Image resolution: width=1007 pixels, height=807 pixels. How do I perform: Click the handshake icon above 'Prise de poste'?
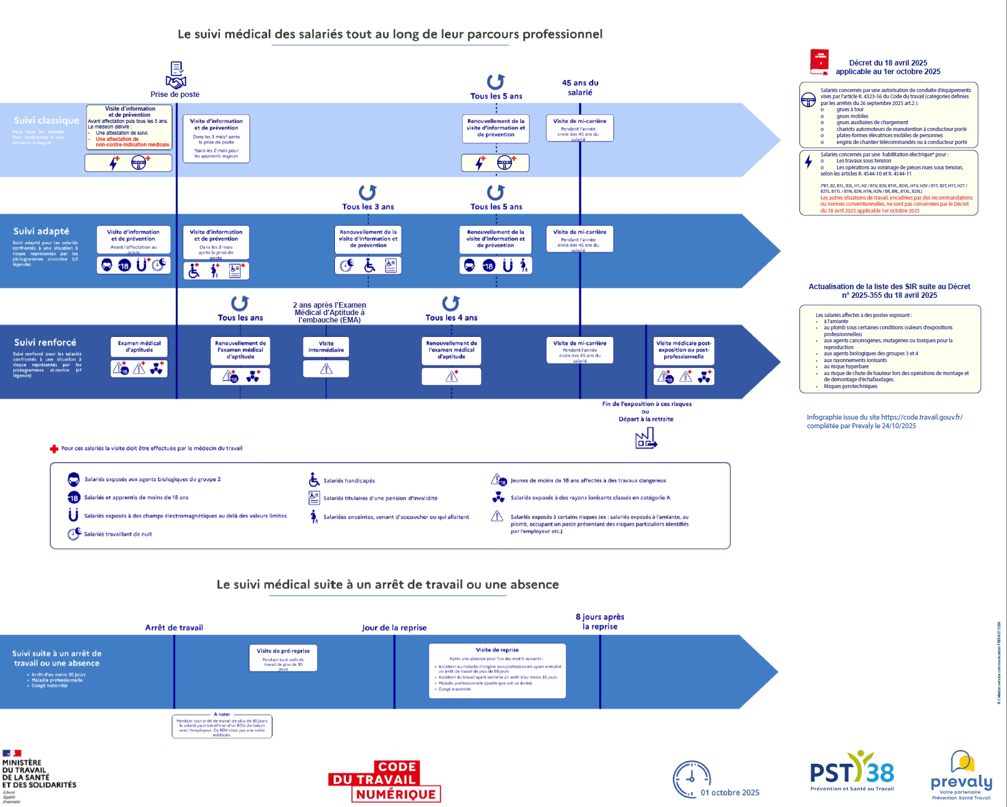tap(176, 75)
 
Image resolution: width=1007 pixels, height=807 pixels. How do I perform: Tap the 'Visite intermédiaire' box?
tap(326, 347)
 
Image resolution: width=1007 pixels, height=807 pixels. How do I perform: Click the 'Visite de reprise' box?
tap(497, 671)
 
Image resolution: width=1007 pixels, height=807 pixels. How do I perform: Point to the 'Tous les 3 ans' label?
tap(368, 207)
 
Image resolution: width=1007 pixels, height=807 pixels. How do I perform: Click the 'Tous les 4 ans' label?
tap(451, 318)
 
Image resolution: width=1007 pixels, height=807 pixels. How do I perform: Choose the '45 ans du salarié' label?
tap(580, 88)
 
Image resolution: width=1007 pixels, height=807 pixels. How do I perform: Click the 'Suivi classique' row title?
tap(46, 120)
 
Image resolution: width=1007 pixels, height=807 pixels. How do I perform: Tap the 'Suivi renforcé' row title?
tap(45, 342)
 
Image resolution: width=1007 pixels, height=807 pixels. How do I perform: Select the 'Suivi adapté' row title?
tap(41, 231)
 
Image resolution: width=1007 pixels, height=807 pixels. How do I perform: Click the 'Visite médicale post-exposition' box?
tap(683, 350)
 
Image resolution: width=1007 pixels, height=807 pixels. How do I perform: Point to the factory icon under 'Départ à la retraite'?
tap(646, 438)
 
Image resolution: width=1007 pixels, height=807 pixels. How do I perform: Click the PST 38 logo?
tap(852, 772)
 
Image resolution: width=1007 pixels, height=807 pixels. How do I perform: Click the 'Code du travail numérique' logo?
tap(384, 782)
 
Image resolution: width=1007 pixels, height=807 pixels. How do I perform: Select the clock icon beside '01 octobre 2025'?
tap(691, 779)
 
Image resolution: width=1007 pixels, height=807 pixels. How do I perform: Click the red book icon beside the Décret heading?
tap(819, 62)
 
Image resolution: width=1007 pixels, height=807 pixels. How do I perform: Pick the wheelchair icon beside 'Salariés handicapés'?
tap(314, 480)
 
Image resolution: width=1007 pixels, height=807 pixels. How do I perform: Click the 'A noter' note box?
tap(222, 726)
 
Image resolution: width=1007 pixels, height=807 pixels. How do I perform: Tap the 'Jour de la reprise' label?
tap(394, 628)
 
